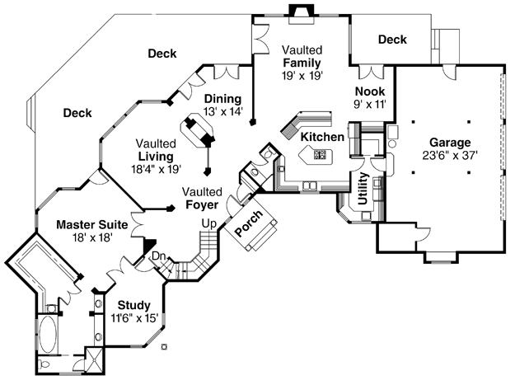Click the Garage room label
point(450,143)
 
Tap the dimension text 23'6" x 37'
point(450,155)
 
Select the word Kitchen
point(322,137)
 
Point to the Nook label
point(370,91)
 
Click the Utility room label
point(363,188)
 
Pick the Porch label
point(249,223)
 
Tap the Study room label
point(134,305)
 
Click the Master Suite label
point(92,225)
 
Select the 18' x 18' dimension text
point(92,237)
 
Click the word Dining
point(222,99)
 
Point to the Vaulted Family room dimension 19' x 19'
point(302,76)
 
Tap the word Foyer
point(202,204)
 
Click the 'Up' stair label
point(209,224)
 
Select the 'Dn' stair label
point(159,256)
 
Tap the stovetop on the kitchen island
point(320,154)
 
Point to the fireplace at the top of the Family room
point(302,15)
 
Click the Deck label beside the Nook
point(392,40)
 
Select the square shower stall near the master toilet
point(94,360)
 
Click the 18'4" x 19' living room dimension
point(157,169)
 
